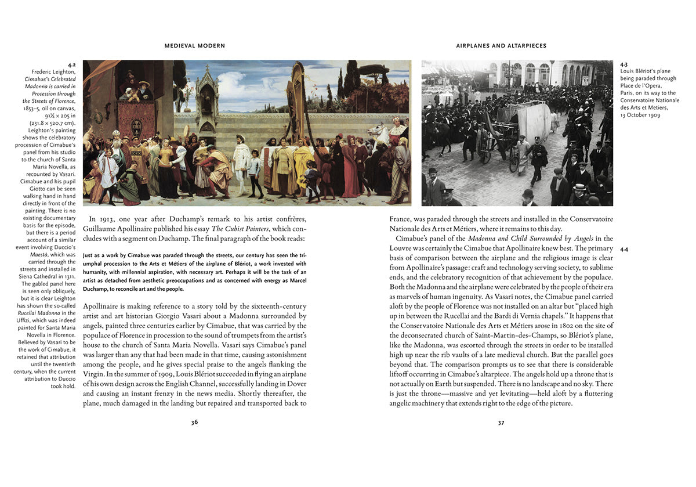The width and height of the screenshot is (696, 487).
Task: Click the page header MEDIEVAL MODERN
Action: coord(194,45)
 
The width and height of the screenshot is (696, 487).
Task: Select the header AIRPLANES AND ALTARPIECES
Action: coord(501,45)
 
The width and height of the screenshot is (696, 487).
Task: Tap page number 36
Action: coord(195,422)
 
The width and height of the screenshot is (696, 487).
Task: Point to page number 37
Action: coord(501,422)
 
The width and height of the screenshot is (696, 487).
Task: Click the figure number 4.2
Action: coord(71,65)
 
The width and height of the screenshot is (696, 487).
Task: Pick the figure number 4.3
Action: coord(624,64)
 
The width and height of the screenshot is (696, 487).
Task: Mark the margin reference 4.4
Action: coord(624,249)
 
